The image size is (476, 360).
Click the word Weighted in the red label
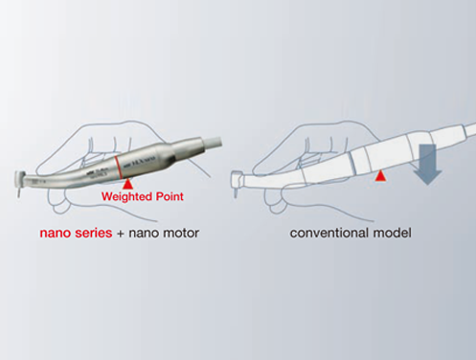[126, 196]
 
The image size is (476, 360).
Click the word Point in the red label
[170, 196]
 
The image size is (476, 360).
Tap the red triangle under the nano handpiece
[127, 184]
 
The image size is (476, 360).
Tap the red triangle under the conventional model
[379, 176]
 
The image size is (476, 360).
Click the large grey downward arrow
[427, 164]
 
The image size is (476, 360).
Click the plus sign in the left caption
[121, 234]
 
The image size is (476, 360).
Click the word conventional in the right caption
[329, 233]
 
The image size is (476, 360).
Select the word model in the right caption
[392, 233]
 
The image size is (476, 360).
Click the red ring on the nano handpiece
[118, 168]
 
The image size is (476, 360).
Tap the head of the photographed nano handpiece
[21, 179]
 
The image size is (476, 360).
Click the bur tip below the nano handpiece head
[19, 193]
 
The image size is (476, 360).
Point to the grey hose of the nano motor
[212, 142]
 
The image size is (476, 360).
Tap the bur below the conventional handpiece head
[236, 193]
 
